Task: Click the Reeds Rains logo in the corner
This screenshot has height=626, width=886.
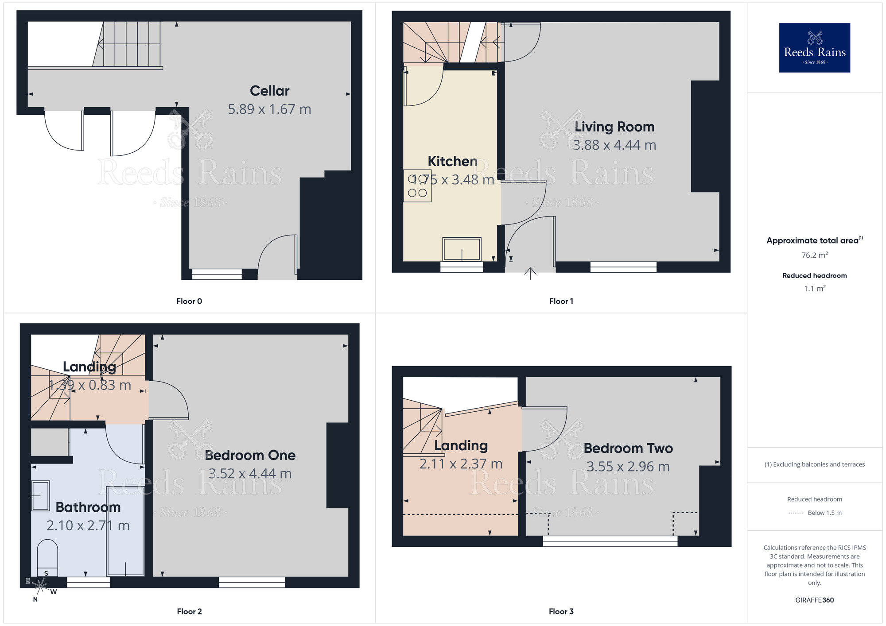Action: coord(814,48)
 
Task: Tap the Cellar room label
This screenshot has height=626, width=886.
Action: coord(269,91)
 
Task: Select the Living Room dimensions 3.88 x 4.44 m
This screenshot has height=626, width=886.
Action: coord(614,145)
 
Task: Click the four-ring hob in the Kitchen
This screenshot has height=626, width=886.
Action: coord(417,186)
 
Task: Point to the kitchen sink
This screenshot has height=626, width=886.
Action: coord(462,249)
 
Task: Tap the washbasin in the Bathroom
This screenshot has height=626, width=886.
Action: coord(40,496)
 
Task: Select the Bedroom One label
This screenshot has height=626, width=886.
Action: coord(250,455)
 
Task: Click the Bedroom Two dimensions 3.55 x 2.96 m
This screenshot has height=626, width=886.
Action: coord(628,467)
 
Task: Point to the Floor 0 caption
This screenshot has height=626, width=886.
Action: coord(189,301)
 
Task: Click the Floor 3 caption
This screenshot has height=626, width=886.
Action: coord(561,611)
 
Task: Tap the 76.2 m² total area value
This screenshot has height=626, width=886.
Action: coord(814,255)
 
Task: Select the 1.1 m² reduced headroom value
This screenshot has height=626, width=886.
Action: coord(814,289)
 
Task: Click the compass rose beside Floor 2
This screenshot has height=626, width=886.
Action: coord(40,587)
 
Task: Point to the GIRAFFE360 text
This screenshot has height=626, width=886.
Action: coord(814,600)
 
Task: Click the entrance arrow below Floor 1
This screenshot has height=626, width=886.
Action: coord(530,274)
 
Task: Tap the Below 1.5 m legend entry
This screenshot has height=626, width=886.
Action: coord(824,513)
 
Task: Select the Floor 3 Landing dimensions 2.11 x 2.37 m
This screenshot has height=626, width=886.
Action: coord(461,464)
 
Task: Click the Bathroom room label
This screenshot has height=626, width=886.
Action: coord(88,507)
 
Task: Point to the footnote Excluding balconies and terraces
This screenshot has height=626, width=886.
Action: coord(814,464)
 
